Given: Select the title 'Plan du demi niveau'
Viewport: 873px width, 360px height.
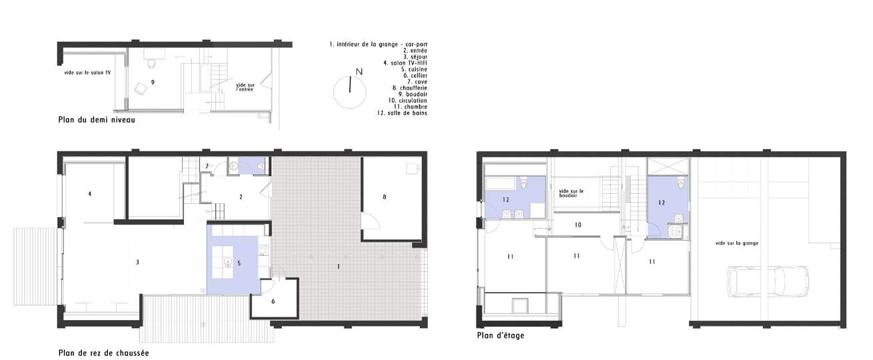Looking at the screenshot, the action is tap(97, 120).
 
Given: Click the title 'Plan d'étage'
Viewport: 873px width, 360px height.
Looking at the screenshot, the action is tap(500, 335).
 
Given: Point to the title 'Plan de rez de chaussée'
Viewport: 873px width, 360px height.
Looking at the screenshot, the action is tap(104, 353).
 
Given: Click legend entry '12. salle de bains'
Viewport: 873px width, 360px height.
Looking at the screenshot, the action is tap(402, 113).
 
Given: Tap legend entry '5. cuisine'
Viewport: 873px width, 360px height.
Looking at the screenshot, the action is tap(415, 69).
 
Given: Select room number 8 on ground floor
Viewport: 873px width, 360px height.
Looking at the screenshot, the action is tap(385, 197).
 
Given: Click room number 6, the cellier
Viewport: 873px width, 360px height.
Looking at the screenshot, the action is tap(273, 301).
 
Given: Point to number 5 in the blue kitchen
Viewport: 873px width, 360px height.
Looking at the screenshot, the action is tap(239, 263).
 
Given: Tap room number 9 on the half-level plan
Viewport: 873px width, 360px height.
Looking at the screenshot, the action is tap(153, 82).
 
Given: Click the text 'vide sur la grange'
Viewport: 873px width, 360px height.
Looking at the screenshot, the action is tap(737, 243).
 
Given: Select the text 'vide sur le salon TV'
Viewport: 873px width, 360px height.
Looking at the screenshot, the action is tap(87, 73).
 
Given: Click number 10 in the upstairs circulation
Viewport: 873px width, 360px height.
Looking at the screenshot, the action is tap(578, 225).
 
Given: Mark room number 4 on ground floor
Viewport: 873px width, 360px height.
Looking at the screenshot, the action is tap(90, 194).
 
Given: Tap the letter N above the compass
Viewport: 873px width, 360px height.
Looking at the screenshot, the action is tap(359, 72).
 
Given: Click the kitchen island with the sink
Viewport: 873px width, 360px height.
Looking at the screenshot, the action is tap(223, 262).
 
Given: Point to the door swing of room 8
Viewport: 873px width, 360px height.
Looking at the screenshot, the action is tap(371, 221).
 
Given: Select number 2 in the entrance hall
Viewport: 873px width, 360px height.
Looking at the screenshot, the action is tap(241, 197).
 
